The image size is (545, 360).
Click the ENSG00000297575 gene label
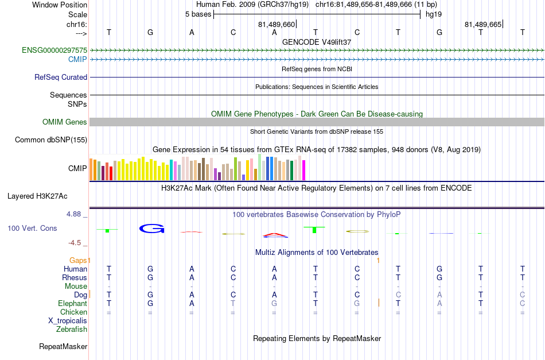tap(54, 51)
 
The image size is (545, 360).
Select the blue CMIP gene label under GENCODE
tap(77, 60)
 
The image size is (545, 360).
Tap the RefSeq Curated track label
tap(61, 77)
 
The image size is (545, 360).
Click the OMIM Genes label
tap(65, 122)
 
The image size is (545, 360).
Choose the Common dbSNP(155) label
tap(51, 140)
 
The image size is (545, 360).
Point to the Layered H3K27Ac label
tap(37, 196)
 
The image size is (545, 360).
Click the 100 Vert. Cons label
tap(32, 228)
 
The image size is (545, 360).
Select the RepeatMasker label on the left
tap(63, 346)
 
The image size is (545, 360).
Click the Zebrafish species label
tap(72, 329)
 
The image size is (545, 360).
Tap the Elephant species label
tap(73, 303)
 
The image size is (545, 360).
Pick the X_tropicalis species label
tap(68, 321)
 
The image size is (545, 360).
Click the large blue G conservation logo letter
tap(151, 229)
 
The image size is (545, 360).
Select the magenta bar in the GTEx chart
tap(304, 170)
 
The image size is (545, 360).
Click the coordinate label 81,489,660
tap(277, 24)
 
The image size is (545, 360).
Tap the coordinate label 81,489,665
tap(483, 24)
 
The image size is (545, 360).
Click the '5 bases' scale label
tap(198, 14)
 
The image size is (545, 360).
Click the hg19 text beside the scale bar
tap(434, 14)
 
